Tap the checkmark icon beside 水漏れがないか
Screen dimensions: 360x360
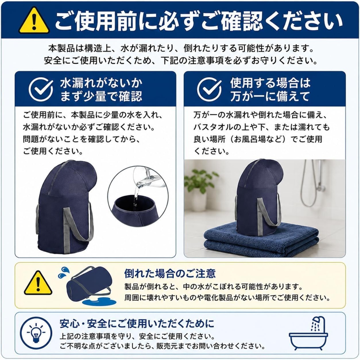41,89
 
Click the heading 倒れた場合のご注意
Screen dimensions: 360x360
170,273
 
